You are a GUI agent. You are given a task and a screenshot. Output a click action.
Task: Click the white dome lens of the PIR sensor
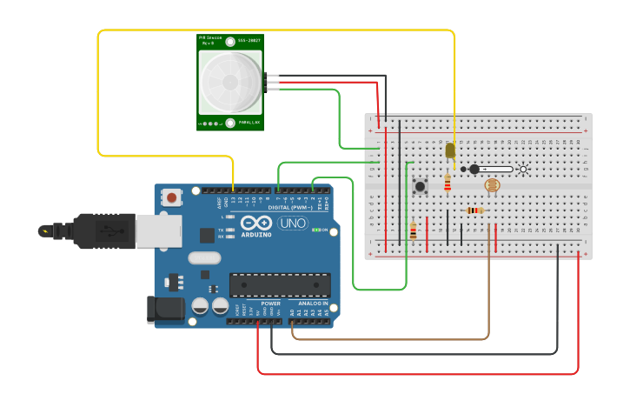pyautogui.click(x=229, y=82)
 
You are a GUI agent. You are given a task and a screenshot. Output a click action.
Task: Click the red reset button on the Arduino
pyautogui.click(x=171, y=197)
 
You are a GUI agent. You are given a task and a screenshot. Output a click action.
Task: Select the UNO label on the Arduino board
pyautogui.click(x=292, y=224)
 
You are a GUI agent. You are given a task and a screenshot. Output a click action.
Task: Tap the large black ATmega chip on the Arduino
pyautogui.click(x=279, y=284)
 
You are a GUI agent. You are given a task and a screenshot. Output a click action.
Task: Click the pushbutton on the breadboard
pyautogui.click(x=421, y=185)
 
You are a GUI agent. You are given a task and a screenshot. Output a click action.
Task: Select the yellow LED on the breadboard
pyautogui.click(x=450, y=150)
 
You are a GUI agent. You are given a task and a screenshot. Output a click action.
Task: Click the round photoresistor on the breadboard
pyautogui.click(x=492, y=185)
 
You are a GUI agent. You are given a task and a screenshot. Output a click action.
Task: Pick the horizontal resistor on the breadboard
pyautogui.click(x=474, y=210)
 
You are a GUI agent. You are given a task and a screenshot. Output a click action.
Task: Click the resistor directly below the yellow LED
pyautogui.click(x=448, y=183)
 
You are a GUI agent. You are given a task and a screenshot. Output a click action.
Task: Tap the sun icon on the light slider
pyautogui.click(x=522, y=170)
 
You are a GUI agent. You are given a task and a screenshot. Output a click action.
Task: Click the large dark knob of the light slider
pyautogui.click(x=474, y=170)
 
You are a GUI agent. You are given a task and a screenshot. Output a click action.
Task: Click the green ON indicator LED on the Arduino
pyautogui.click(x=315, y=230)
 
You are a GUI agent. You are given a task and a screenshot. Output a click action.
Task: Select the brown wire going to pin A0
pyautogui.click(x=391, y=338)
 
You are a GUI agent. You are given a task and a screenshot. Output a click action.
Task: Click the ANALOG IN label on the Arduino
pyautogui.click(x=313, y=304)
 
